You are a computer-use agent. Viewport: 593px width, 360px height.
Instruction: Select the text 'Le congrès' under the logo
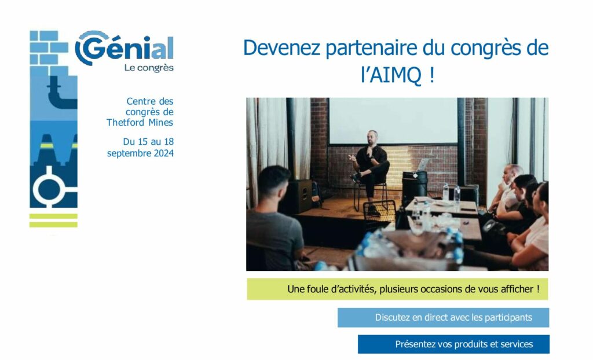149,68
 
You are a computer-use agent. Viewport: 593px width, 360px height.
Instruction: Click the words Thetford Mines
140,123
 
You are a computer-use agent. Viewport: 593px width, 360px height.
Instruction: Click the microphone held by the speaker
369,150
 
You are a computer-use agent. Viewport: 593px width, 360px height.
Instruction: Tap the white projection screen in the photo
393,120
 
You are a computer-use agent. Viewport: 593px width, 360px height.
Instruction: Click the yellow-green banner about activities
397,289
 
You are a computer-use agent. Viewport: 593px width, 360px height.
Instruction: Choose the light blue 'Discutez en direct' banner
443,317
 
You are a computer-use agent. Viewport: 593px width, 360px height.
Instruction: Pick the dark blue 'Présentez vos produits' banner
453,344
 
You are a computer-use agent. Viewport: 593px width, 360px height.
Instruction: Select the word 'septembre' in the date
127,153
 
